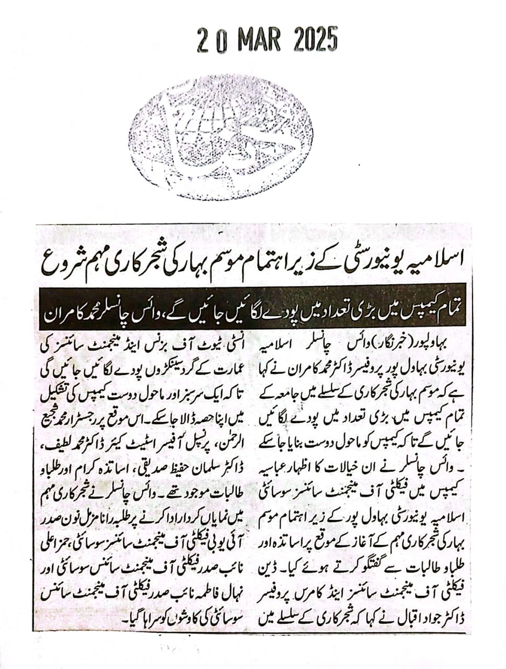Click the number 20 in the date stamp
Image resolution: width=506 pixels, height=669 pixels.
point(211,40)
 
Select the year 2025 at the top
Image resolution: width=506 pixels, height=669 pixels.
point(315,40)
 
